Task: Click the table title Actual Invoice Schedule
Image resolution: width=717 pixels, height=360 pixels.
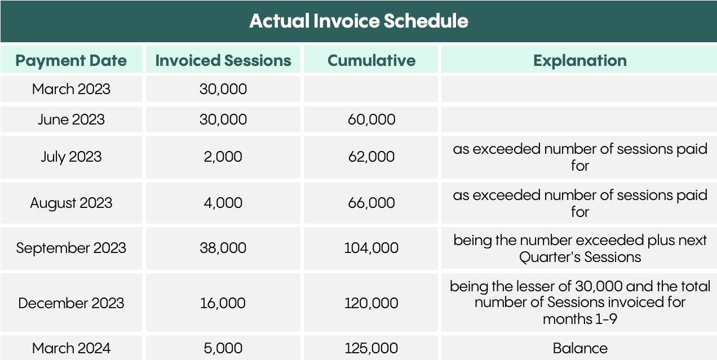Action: [358, 21]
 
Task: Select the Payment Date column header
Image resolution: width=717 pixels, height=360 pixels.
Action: [71, 60]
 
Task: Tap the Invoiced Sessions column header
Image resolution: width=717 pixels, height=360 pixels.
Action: [223, 60]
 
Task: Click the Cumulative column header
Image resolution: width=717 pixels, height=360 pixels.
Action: [371, 60]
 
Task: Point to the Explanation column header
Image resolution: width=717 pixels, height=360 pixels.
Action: [579, 60]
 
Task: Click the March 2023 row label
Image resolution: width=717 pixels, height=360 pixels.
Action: [71, 89]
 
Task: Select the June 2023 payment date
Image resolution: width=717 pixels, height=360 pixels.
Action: [71, 119]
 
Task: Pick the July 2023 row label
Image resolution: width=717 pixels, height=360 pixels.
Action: [71, 157]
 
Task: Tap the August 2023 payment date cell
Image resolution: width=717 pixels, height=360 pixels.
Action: [71, 203]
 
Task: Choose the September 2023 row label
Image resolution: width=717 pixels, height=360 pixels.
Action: [71, 248]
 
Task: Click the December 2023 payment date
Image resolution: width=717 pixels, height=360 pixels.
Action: [71, 303]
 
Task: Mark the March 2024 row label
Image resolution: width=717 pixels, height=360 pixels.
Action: [71, 348]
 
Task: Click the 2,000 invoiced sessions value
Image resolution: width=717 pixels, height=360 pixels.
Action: [223, 157]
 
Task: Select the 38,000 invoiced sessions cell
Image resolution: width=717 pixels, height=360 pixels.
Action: [223, 248]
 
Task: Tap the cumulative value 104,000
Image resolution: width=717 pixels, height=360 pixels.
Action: [371, 248]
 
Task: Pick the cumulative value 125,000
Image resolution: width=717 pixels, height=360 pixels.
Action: [371, 348]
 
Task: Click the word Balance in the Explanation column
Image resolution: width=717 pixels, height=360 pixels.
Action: [580, 348]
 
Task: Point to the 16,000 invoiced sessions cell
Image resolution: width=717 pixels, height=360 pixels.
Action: [223, 303]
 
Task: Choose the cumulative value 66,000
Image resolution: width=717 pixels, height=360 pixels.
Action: [371, 203]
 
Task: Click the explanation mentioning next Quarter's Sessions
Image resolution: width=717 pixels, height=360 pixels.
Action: [580, 248]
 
